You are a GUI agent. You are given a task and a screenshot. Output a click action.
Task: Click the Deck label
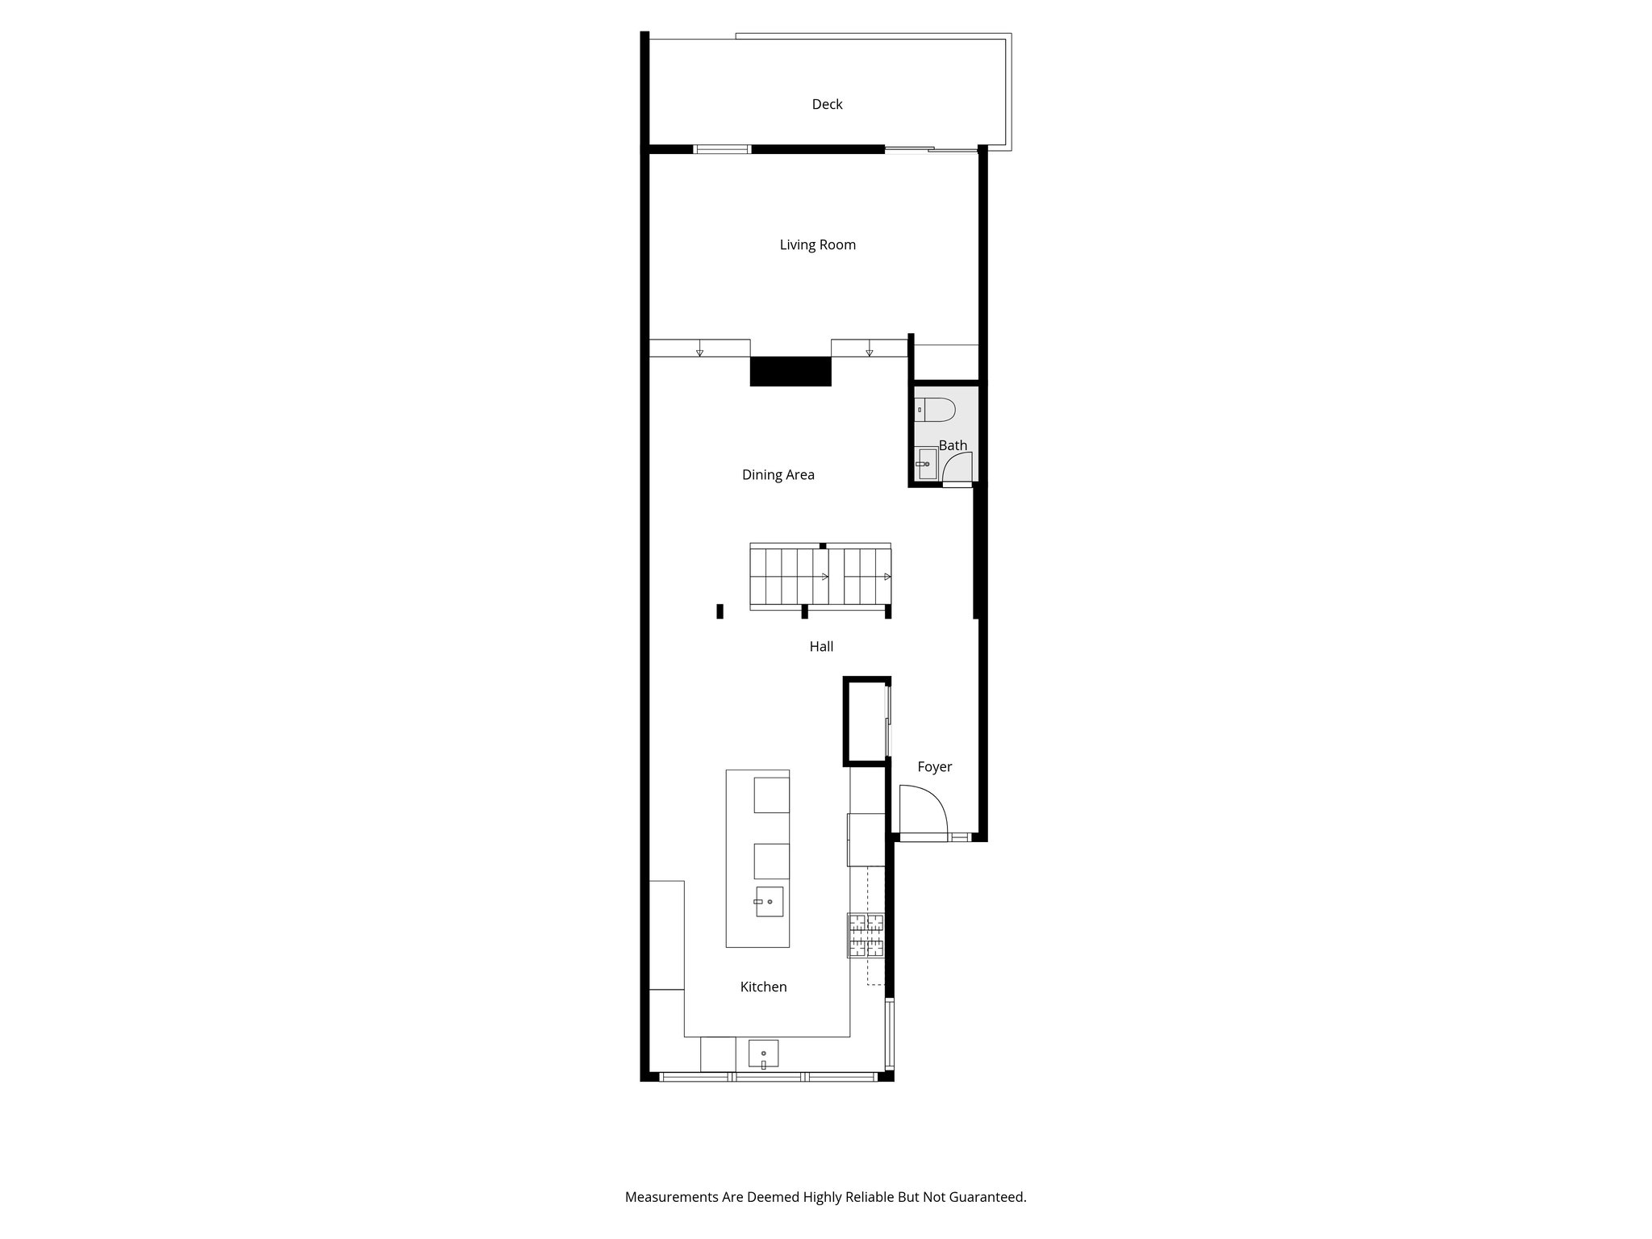click(827, 104)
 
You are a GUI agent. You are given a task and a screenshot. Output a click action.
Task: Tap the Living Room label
click(817, 244)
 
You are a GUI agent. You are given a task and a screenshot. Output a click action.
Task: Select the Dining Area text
click(778, 474)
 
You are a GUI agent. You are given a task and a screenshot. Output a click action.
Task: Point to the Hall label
click(821, 646)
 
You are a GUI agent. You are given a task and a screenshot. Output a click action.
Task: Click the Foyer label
click(934, 766)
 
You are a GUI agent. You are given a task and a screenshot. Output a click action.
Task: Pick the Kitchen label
click(763, 987)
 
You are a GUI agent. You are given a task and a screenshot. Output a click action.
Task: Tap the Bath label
click(953, 445)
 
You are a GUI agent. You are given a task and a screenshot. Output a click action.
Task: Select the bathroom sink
click(926, 464)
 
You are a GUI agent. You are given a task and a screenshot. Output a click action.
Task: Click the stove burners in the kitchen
click(865, 935)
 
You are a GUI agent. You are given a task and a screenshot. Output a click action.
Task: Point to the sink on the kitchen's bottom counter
click(763, 1054)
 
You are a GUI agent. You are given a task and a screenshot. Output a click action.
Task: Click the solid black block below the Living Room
click(790, 372)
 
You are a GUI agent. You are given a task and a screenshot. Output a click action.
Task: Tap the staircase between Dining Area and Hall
click(820, 576)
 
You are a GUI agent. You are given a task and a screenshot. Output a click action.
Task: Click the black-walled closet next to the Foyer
click(866, 720)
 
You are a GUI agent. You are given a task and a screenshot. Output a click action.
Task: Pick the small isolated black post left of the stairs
click(720, 611)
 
